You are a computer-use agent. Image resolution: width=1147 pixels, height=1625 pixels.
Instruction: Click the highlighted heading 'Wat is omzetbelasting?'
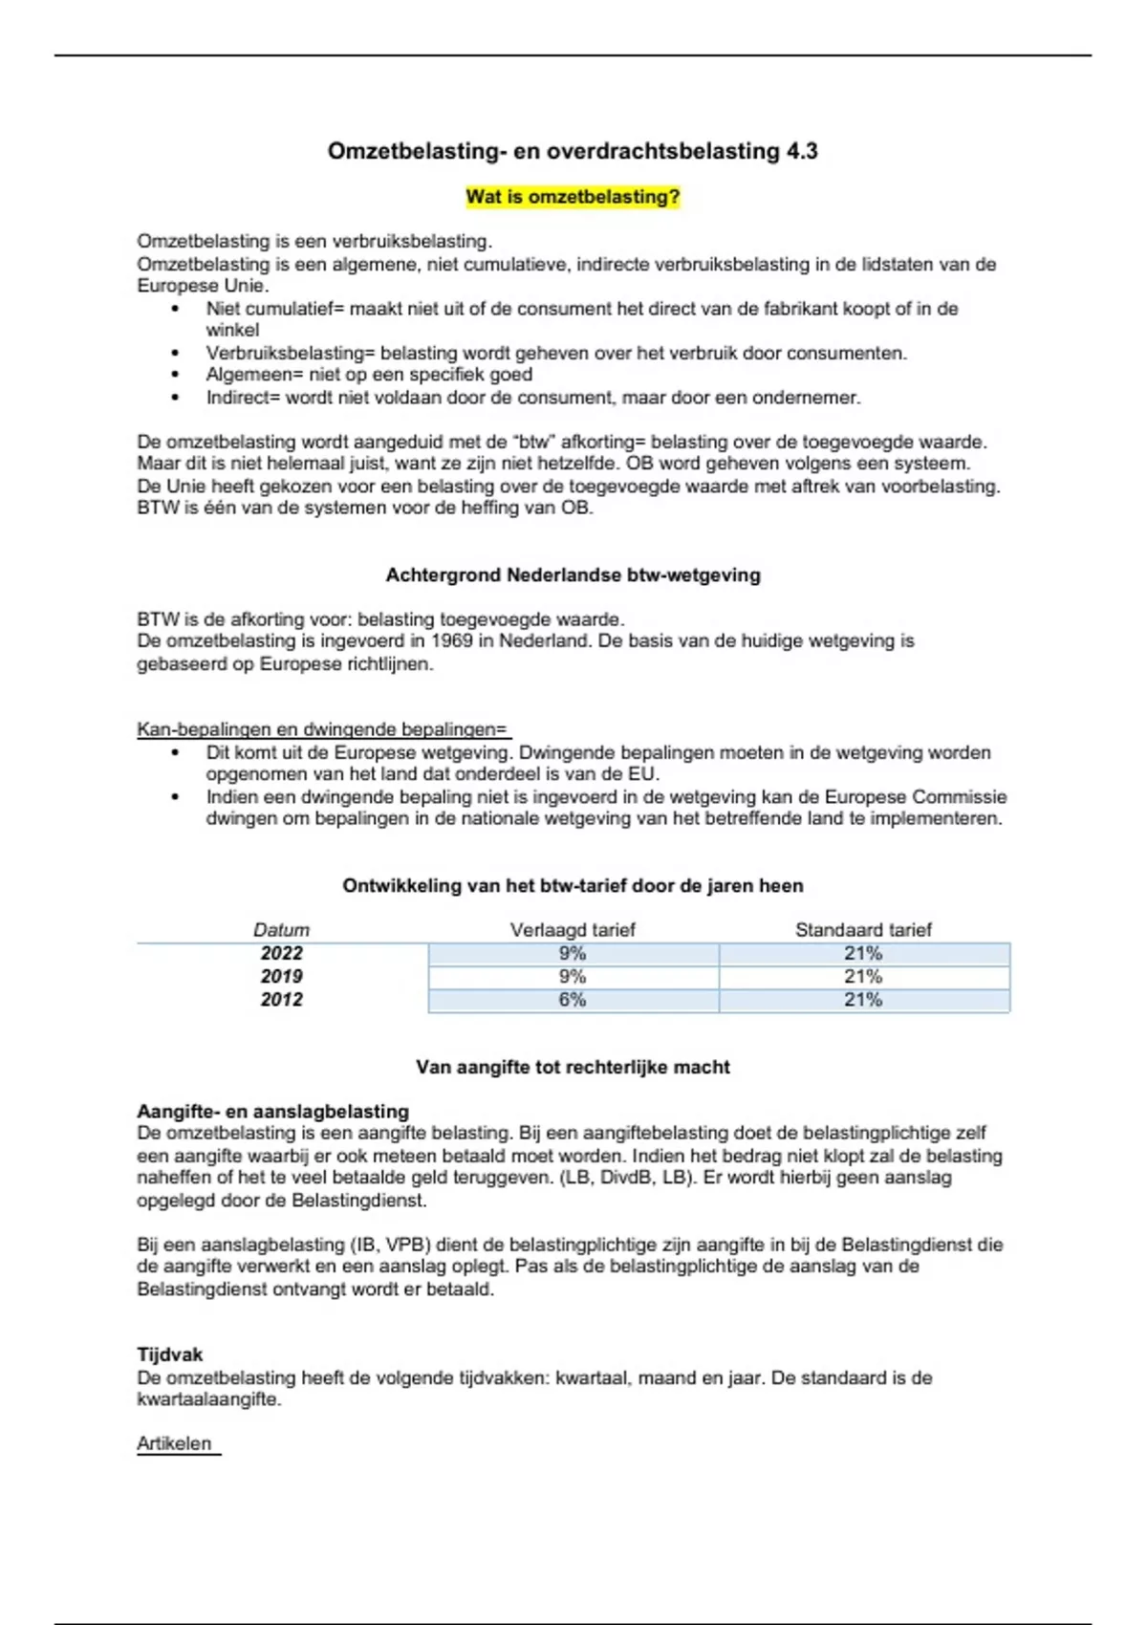click(573, 197)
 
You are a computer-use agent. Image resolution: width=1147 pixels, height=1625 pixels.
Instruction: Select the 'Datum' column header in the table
click(281, 930)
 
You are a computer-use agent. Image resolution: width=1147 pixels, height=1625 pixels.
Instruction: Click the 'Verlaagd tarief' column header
click(573, 930)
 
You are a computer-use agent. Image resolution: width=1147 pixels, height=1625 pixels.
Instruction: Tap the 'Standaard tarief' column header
click(863, 930)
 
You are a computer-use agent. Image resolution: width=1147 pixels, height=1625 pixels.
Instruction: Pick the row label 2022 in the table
click(281, 954)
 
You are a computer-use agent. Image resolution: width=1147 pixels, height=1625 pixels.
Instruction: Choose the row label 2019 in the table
click(281, 977)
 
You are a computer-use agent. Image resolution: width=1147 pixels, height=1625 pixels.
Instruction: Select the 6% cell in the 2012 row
click(573, 1000)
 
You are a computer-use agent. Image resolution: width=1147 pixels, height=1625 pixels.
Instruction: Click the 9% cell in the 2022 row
click(573, 954)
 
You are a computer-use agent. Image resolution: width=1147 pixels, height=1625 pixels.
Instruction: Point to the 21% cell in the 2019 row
click(863, 977)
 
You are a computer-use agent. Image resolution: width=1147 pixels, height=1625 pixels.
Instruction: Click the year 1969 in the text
click(451, 641)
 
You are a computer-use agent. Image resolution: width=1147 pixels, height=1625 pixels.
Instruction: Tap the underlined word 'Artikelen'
click(174, 1444)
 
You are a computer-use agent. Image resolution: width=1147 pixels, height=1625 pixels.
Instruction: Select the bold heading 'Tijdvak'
click(170, 1355)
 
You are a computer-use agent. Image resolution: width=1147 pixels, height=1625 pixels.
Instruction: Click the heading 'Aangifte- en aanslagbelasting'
click(272, 1112)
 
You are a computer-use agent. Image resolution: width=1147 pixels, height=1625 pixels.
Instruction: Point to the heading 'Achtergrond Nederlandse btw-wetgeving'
click(573, 575)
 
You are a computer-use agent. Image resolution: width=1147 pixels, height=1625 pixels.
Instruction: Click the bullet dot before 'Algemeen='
click(175, 376)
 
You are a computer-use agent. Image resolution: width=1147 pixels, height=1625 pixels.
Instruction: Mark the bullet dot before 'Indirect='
click(175, 399)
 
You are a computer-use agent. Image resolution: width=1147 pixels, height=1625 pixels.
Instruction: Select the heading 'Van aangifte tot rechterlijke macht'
click(573, 1068)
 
